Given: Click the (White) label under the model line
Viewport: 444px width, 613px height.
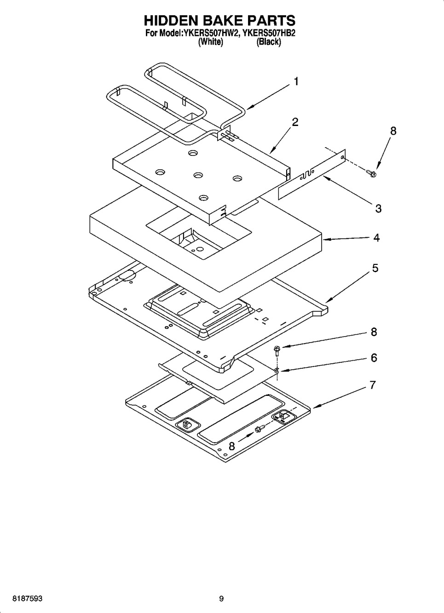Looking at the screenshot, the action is pyautogui.click(x=211, y=42).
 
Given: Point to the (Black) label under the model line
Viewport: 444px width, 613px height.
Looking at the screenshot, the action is pyautogui.click(x=269, y=42).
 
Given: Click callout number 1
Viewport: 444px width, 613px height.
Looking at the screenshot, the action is pyautogui.click(x=296, y=81).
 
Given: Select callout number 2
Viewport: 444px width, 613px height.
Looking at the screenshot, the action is pyautogui.click(x=295, y=122).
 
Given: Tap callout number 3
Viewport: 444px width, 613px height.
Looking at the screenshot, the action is pyautogui.click(x=378, y=208).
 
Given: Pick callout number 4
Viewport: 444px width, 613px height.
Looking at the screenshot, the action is pyautogui.click(x=377, y=238).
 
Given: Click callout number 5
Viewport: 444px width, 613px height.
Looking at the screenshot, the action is pyautogui.click(x=375, y=268).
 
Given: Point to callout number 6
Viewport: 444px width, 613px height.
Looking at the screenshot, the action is pyautogui.click(x=374, y=358).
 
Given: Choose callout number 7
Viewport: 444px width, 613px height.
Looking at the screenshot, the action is pyautogui.click(x=373, y=385).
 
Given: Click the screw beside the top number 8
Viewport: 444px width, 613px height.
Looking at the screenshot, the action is pyautogui.click(x=371, y=173).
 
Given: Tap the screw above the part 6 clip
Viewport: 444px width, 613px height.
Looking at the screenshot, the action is pyautogui.click(x=277, y=351).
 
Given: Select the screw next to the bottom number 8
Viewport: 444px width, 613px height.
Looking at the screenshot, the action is pyautogui.click(x=260, y=429).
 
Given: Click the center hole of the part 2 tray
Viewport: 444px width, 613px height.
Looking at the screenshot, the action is pyautogui.click(x=198, y=175).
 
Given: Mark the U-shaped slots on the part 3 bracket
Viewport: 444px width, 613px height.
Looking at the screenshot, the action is pyautogui.click(x=308, y=174).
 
